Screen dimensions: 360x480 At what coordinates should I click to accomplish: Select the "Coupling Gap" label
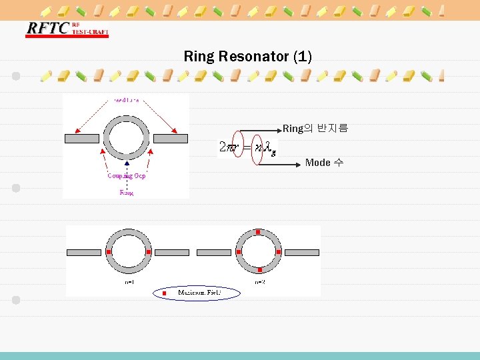(126, 176)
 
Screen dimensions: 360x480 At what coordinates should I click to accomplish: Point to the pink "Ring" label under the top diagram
(126, 193)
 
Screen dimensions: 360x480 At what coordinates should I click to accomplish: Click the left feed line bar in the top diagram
(81, 139)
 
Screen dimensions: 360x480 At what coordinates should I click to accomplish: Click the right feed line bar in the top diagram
(171, 139)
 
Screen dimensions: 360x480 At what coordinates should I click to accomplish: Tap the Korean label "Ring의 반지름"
(315, 128)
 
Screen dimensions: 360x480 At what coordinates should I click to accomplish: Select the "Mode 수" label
(324, 163)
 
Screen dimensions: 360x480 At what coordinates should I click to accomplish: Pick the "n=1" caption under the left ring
(129, 282)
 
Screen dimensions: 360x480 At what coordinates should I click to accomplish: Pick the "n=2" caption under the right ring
(259, 282)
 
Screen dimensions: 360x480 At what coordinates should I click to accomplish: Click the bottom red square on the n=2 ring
(259, 270)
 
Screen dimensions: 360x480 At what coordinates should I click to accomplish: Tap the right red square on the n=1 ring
(149, 252)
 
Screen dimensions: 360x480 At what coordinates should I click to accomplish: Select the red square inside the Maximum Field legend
(164, 293)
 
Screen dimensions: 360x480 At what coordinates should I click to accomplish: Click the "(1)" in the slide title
(302, 57)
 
